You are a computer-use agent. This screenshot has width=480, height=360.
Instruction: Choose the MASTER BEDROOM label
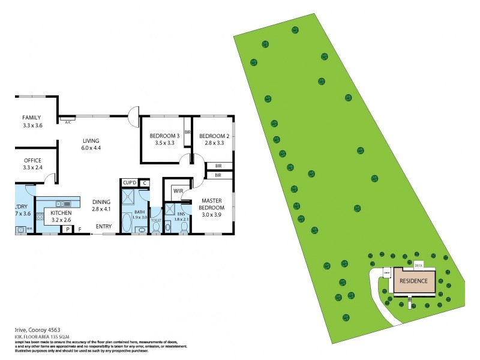click(212, 204)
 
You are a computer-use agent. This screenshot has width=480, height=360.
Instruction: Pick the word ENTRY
click(103, 226)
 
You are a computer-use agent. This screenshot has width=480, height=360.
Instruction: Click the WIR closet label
click(178, 191)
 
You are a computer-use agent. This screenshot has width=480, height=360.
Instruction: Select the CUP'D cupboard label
click(129, 182)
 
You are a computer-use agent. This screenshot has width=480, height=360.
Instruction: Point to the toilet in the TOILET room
click(156, 228)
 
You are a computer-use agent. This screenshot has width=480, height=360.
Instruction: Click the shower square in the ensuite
click(170, 209)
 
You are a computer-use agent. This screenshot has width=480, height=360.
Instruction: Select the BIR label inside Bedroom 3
click(187, 132)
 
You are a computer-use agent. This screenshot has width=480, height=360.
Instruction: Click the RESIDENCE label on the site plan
click(413, 281)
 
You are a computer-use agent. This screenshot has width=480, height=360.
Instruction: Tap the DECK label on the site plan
click(419, 264)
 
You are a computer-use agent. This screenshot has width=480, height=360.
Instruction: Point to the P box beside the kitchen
click(68, 229)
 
